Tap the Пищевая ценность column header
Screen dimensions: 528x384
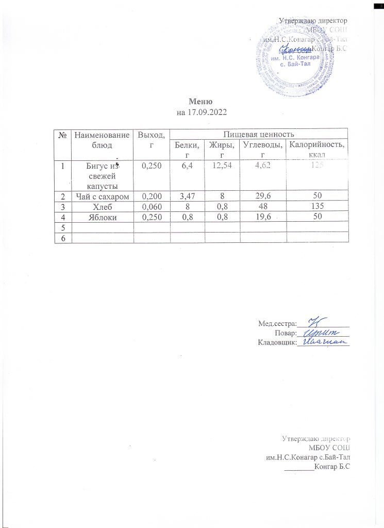(259, 134)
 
